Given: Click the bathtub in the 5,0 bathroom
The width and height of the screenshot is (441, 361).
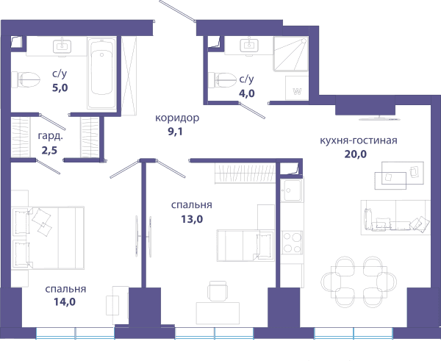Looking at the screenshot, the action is click(101, 73).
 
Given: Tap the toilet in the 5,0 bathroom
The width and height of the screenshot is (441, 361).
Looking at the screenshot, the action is click(26, 79).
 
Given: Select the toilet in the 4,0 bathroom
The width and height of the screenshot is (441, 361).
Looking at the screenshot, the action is click(222, 80).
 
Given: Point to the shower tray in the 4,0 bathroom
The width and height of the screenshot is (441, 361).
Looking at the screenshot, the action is click(291, 54).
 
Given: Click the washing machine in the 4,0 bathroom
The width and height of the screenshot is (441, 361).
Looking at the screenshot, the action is click(297, 87).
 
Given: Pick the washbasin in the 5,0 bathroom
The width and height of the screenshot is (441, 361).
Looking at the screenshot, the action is click(62, 46).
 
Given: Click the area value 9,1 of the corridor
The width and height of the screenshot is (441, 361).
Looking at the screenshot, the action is click(175, 132).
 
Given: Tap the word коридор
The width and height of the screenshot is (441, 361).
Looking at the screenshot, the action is click(177, 118).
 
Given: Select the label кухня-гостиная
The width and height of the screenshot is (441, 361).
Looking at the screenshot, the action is click(359, 140).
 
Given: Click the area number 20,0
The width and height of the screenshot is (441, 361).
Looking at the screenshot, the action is click(356, 154).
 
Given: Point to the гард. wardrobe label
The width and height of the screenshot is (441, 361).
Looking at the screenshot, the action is click(51, 137).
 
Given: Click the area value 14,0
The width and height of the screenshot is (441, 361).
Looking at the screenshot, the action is click(65, 302).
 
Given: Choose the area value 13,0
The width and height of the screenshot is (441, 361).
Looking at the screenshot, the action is click(192, 219).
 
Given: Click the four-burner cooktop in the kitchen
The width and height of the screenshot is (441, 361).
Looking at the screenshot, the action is click(293, 243).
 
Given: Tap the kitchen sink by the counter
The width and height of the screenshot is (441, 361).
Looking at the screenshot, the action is click(292, 190).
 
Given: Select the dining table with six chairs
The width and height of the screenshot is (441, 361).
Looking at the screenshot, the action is click(359, 282).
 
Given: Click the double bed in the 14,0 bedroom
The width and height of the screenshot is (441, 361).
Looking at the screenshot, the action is click(48, 237).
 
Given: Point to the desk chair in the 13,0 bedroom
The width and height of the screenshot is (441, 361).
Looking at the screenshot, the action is click(218, 291).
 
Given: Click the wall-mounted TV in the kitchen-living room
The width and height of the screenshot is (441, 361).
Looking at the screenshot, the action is click(380, 118).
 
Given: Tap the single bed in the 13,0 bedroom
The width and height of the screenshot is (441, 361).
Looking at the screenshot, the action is click(245, 246).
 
